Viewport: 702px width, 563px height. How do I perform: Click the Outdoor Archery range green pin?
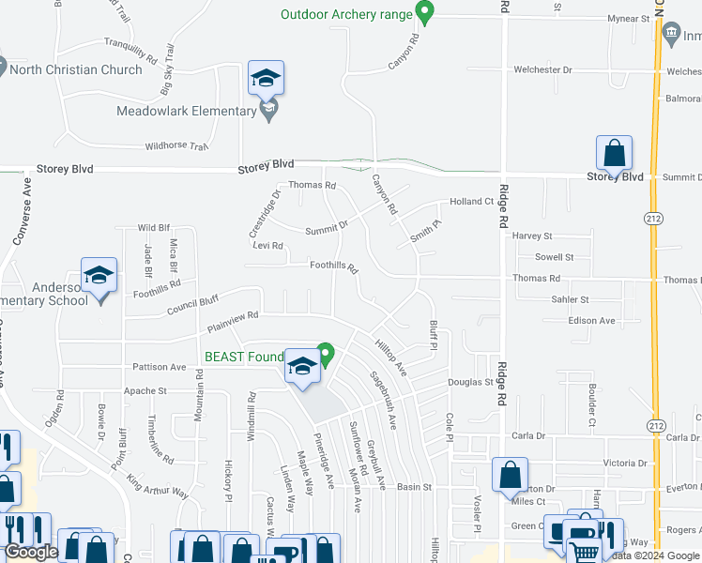[424, 13]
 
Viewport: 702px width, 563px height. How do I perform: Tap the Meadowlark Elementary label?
[186, 111]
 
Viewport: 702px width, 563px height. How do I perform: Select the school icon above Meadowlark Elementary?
[267, 79]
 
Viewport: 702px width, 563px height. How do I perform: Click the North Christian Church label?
[78, 68]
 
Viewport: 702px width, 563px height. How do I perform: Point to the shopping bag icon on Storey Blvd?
[614, 153]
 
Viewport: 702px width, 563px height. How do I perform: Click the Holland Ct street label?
[471, 202]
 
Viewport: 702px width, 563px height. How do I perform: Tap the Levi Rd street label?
[267, 246]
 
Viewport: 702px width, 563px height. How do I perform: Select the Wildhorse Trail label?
[175, 146]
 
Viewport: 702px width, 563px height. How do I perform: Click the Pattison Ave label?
[160, 367]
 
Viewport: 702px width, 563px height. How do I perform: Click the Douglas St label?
[470, 383]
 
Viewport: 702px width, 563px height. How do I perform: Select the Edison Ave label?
[591, 321]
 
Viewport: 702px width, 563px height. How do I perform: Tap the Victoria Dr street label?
[625, 464]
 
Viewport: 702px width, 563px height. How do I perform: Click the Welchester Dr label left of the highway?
[542, 69]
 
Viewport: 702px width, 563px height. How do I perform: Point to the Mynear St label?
[629, 19]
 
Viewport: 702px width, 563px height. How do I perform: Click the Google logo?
[32, 552]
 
